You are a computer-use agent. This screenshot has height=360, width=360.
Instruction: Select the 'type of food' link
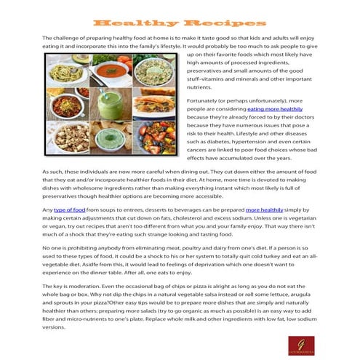point(70,209)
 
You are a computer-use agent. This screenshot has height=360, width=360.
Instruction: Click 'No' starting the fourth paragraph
point(47,248)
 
